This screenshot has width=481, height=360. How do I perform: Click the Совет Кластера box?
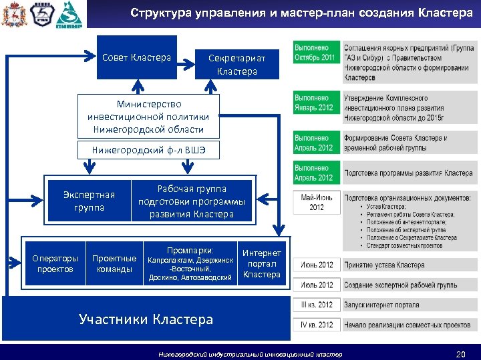(x=136, y=58)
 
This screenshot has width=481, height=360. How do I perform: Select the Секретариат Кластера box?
(x=236, y=65)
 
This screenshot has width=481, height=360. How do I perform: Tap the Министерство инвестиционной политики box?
(x=148, y=117)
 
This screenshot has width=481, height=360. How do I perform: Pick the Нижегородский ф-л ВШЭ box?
(x=148, y=151)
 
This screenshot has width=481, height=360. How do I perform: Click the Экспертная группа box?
(x=89, y=201)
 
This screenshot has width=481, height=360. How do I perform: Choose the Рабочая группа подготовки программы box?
(x=192, y=201)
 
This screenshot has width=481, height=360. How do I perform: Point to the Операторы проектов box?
(x=55, y=264)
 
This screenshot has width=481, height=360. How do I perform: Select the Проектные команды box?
(x=114, y=264)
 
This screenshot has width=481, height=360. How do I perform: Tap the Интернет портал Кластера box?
(x=262, y=264)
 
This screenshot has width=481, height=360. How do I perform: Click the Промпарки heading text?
(x=190, y=251)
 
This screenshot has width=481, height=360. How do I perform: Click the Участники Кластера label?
(x=146, y=319)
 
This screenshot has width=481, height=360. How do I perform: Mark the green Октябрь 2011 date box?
(x=315, y=53)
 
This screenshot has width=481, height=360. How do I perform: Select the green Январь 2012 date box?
(x=315, y=103)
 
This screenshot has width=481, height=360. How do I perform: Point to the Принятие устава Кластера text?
(x=384, y=265)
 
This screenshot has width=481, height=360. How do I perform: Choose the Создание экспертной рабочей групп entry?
(x=400, y=285)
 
